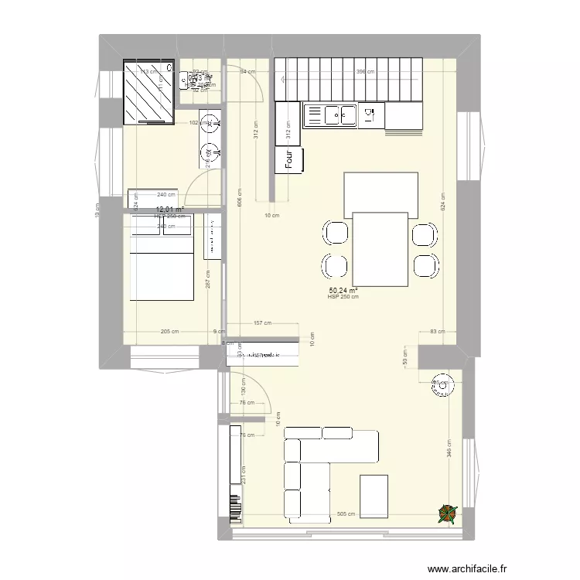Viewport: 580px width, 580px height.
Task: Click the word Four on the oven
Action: point(290,160)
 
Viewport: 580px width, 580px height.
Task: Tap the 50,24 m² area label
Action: point(343,290)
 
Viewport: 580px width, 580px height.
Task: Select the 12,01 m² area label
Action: point(170,209)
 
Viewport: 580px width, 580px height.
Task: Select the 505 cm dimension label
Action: point(346,513)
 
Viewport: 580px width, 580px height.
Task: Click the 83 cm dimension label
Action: point(438,330)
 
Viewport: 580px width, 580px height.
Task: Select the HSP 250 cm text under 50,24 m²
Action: point(343,297)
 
